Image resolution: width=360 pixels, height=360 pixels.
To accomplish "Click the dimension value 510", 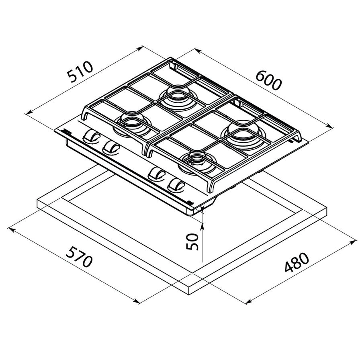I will [x=80, y=72].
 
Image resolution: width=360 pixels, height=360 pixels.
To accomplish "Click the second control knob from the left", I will [x=110, y=147].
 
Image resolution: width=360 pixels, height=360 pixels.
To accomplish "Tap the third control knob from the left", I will [x=156, y=174].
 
